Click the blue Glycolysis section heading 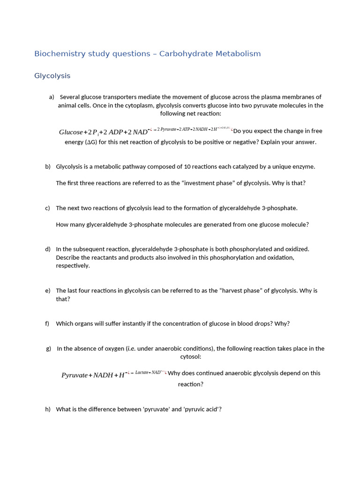(x=52, y=76)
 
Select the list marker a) (x=52, y=97)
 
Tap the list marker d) (x=48, y=249)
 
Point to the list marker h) (x=48, y=409)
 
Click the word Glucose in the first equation (x=71, y=132)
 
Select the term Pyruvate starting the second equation (x=74, y=375)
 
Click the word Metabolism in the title (x=238, y=54)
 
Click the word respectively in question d (x=72, y=266)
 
